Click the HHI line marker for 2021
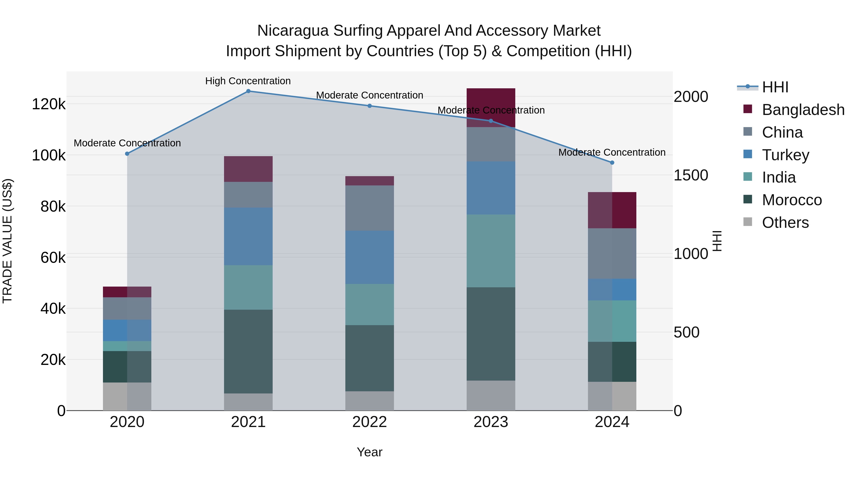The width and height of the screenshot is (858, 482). coord(248,91)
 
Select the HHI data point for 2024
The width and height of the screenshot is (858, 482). coord(612,163)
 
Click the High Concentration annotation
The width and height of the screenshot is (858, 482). coord(248,81)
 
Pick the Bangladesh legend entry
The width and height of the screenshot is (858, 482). coord(803,110)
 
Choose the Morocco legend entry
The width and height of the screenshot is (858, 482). coord(791,200)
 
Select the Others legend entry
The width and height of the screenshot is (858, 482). coord(785,223)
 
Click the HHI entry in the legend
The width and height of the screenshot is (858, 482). coord(775,87)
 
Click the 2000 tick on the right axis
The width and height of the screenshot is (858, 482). coord(690,97)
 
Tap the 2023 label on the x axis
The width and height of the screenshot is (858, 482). coord(491,422)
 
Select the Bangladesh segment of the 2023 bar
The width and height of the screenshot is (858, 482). coord(491,107)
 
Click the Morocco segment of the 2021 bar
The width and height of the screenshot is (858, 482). coord(248,351)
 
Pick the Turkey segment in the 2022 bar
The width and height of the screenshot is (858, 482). coord(369,257)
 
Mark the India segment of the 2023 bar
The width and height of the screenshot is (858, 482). coord(491,251)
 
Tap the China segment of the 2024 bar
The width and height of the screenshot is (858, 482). coord(612,253)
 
